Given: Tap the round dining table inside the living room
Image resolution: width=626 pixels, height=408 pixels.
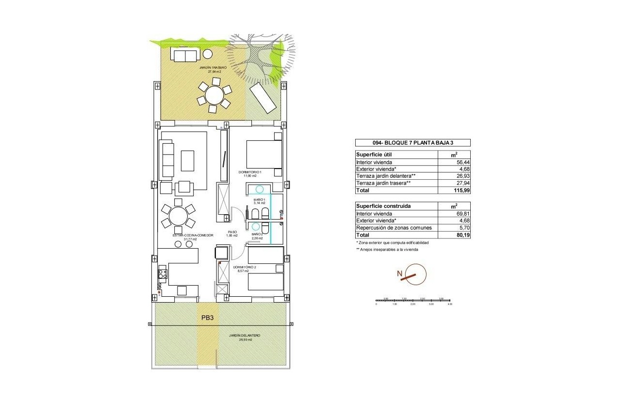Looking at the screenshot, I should (x=178, y=216).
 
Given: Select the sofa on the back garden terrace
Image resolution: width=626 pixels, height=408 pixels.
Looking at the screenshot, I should (x=184, y=55).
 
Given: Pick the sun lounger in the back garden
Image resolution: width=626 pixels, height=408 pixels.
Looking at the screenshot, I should (x=263, y=97).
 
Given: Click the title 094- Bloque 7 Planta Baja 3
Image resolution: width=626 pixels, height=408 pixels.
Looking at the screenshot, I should (x=412, y=143).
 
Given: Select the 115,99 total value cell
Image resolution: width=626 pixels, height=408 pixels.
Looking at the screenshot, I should (x=454, y=190).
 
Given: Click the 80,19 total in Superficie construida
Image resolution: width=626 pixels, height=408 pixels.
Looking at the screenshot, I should (x=454, y=235).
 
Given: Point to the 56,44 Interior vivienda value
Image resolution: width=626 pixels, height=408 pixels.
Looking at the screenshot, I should (x=454, y=163).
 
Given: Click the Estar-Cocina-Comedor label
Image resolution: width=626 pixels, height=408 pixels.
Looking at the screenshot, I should (x=193, y=236).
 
